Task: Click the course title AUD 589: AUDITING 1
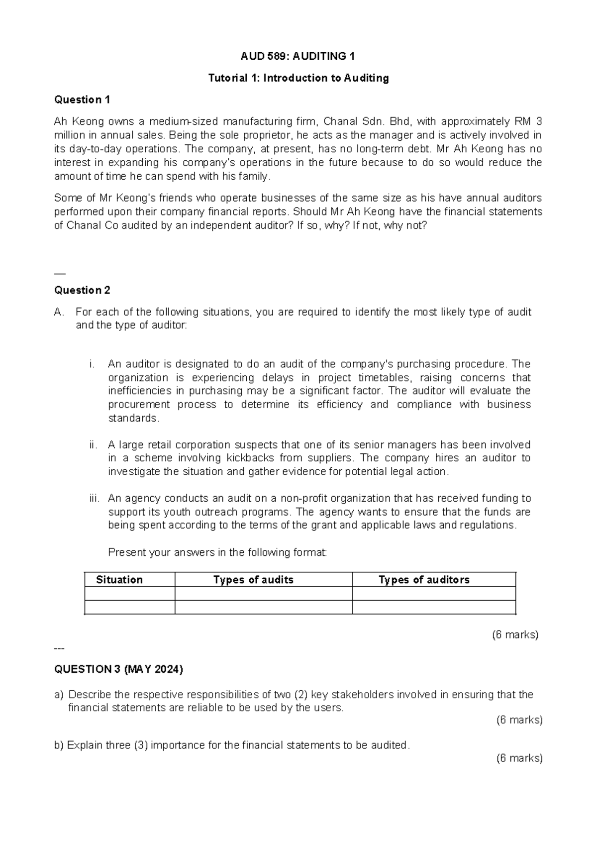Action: (x=298, y=56)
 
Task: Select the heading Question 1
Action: (x=82, y=100)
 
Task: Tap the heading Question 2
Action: (x=82, y=290)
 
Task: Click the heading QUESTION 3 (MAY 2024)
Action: (x=118, y=669)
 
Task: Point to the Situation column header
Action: (x=119, y=580)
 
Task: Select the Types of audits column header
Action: (x=253, y=580)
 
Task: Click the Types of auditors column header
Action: (x=424, y=580)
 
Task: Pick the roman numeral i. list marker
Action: (x=92, y=364)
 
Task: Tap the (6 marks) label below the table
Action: (x=515, y=634)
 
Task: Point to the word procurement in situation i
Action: (x=139, y=404)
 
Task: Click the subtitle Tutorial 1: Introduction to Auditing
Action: (x=298, y=78)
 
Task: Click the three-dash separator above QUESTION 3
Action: (x=59, y=648)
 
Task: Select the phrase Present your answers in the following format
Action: (x=217, y=552)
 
